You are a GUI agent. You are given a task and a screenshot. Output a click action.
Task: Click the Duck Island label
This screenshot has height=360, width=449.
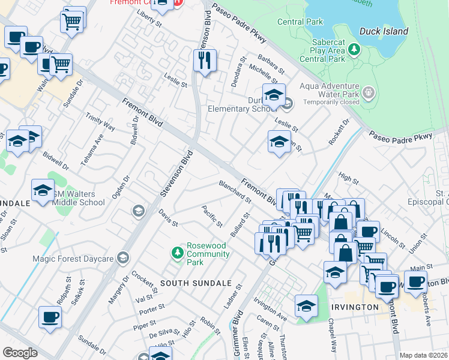coord(384,31)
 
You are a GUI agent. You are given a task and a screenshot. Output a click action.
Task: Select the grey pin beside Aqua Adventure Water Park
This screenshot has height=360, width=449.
coord(369,93)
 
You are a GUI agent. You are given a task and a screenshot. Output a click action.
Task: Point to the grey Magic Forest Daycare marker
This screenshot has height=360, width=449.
coord(124,258)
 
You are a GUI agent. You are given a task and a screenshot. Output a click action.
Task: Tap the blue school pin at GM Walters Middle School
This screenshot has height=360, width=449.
coord(43,191)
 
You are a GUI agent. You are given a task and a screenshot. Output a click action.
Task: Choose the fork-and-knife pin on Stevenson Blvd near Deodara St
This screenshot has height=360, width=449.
coord(205,60)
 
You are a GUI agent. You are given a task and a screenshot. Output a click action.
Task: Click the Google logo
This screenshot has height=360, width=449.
coord(20,353)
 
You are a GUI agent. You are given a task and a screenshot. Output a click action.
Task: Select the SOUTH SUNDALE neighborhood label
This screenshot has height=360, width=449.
coord(187,283)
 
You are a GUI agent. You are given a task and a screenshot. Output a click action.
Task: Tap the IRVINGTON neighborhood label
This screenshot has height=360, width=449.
coord(355,307)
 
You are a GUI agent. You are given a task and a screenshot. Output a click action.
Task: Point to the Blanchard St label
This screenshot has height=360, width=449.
coord(235,191)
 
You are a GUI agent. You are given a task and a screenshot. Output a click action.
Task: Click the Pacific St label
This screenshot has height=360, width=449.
coord(212,217)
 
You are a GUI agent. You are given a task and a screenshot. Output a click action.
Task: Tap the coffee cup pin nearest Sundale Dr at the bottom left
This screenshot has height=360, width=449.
coord(50,317)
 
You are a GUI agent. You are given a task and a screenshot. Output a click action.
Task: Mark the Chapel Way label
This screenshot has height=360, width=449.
coord(331,331)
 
